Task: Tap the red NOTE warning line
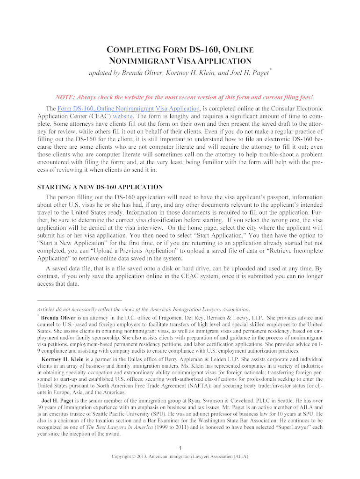pos(184,97)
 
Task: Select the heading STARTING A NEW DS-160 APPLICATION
pos(100,187)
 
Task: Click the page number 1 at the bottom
pos(180,449)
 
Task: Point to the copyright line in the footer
pos(180,457)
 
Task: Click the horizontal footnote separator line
pos(79,300)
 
